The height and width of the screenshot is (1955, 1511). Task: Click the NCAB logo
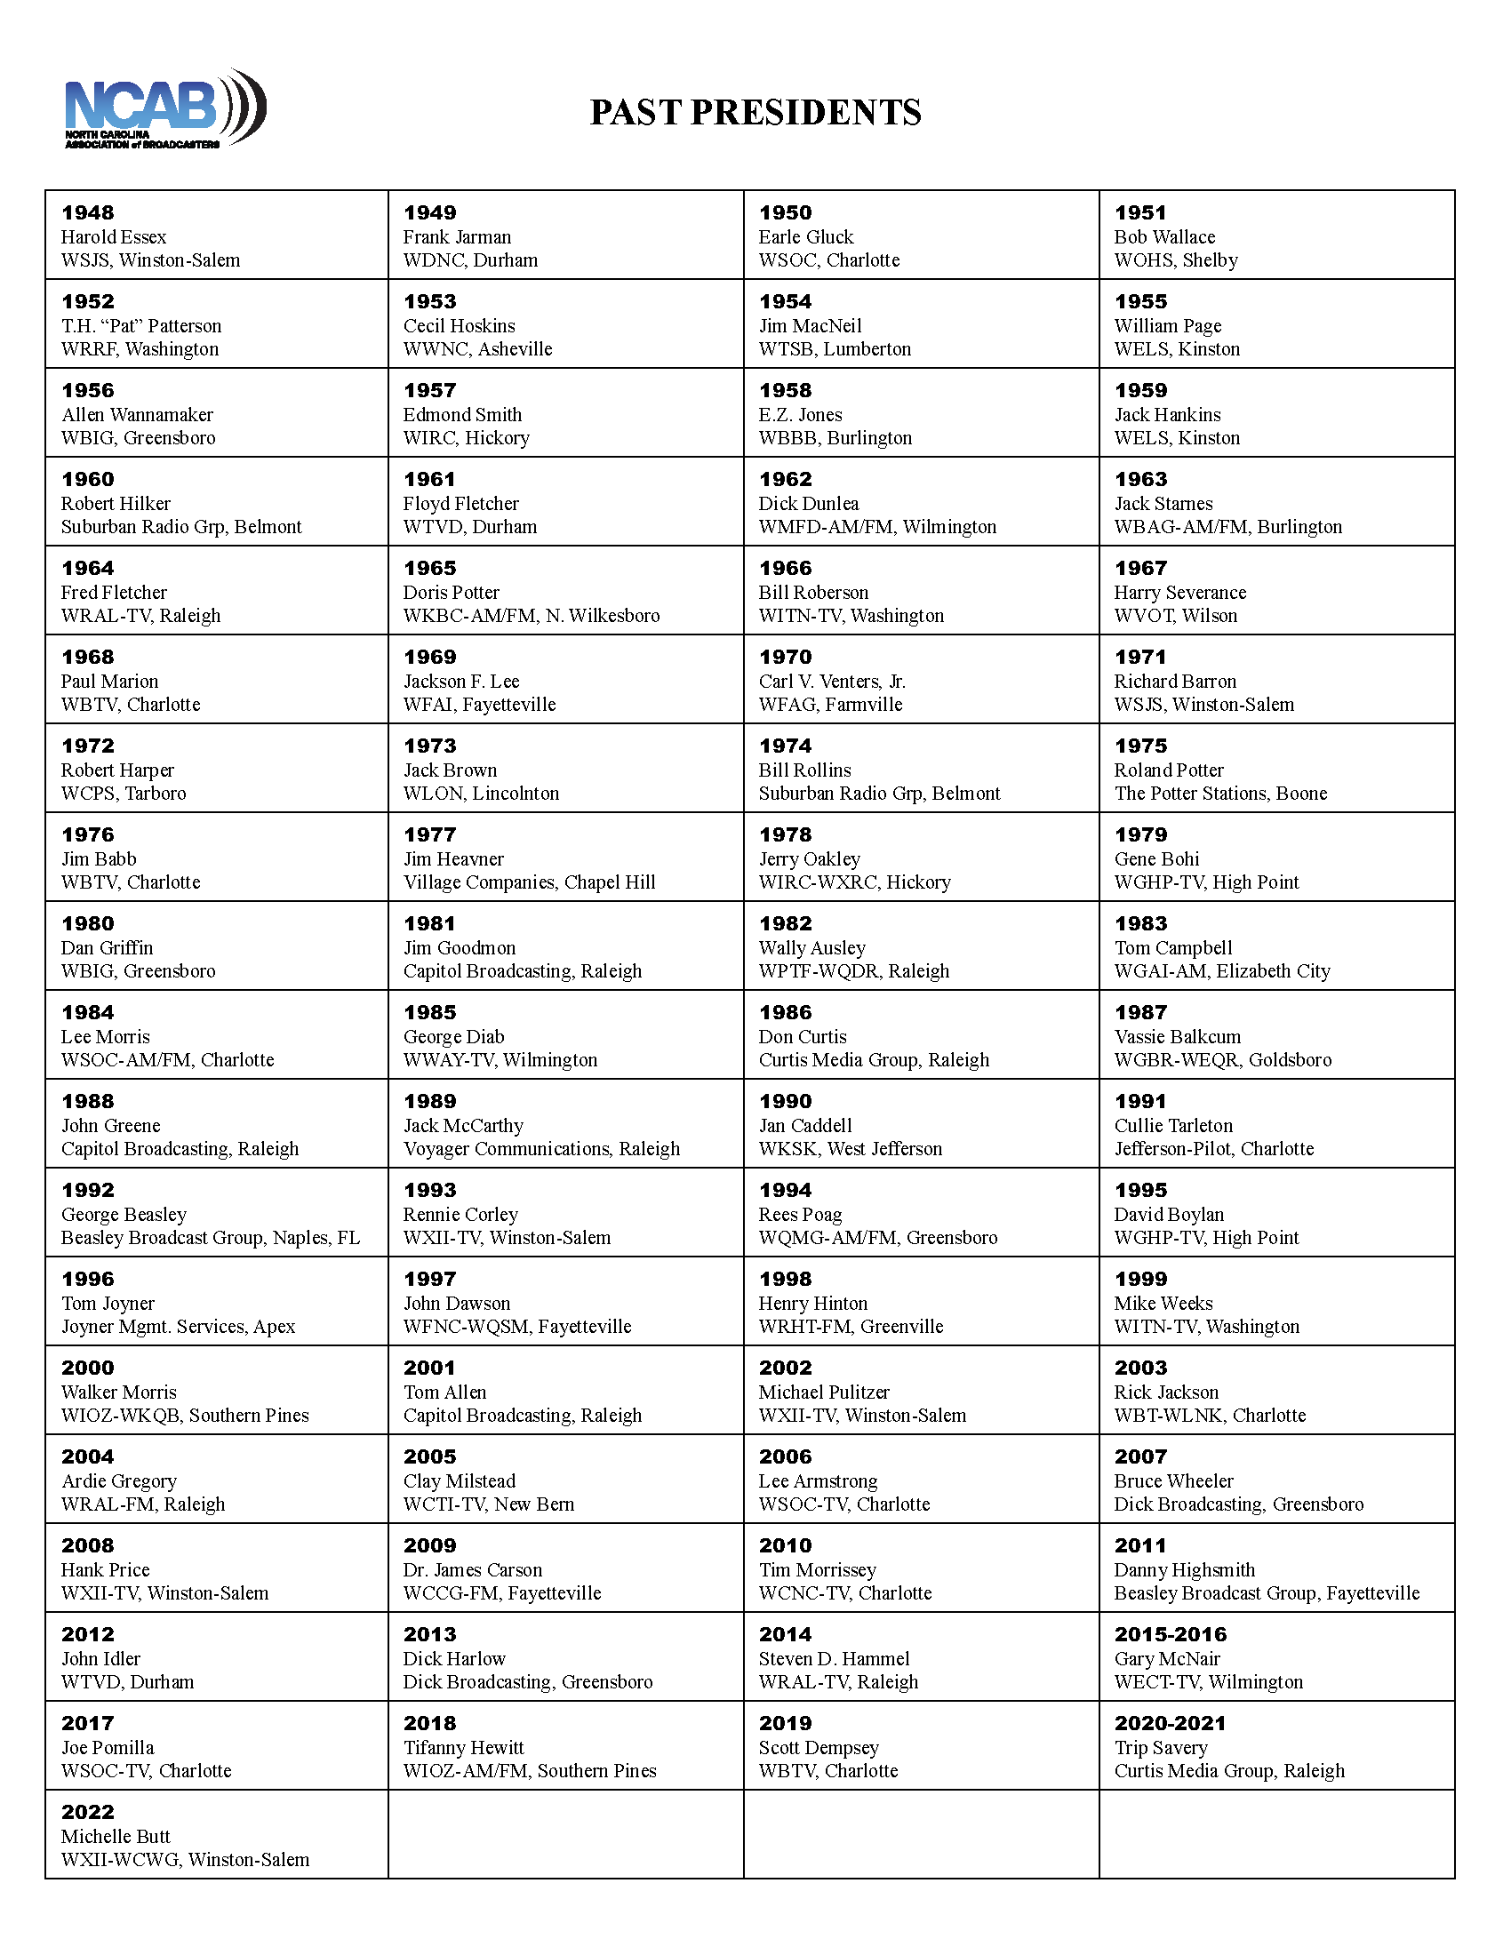coord(164,109)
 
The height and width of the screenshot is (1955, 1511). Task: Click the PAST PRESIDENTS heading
coord(755,113)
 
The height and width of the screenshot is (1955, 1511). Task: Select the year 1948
coord(88,213)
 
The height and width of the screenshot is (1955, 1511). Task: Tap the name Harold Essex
coord(114,237)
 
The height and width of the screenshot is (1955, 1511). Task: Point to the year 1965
coord(429,569)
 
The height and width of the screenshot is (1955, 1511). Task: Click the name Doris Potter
coord(452,593)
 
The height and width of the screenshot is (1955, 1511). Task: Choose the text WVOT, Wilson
coord(1175,616)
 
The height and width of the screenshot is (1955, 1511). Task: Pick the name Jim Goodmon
coord(460,948)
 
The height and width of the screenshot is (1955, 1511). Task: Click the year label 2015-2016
coord(1170,1634)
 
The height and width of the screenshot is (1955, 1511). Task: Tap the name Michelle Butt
coord(116,1836)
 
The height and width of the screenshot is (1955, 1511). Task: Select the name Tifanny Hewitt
coord(464,1747)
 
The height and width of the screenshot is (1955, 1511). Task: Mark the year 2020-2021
coord(1170,1723)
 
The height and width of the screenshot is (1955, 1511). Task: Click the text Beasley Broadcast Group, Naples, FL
coord(211,1238)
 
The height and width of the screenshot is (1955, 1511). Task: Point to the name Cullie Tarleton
coord(1172,1126)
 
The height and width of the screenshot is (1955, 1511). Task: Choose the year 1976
coord(88,835)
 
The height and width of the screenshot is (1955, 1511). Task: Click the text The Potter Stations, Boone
coord(1220,794)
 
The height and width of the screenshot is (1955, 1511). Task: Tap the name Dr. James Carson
coord(473,1570)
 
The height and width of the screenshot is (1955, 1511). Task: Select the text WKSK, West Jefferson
coord(851,1149)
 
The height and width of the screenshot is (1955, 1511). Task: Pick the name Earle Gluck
coord(805,237)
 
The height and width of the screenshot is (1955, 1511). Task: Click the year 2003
coord(1140,1368)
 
